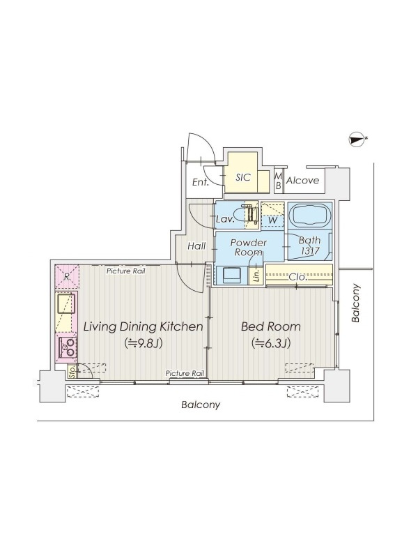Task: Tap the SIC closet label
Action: pos(243,177)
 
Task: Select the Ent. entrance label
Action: pos(200,183)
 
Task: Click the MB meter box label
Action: pos(278,181)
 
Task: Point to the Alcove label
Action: pos(303,181)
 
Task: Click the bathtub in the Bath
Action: pos(310,215)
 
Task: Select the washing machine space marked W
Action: pos(272,215)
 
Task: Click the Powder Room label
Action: pos(249,248)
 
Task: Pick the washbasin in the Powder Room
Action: pos(231,275)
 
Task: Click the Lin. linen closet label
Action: pos(256,275)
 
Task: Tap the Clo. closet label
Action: pos(297,277)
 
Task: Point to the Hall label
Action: pos(196,246)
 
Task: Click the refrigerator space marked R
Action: pos(66,276)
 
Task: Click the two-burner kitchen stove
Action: pos(66,347)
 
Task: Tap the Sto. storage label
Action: pos(72,372)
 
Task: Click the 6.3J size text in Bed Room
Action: pos(272,343)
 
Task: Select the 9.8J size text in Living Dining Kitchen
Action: pos(144,343)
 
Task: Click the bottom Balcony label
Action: pos(201,405)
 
